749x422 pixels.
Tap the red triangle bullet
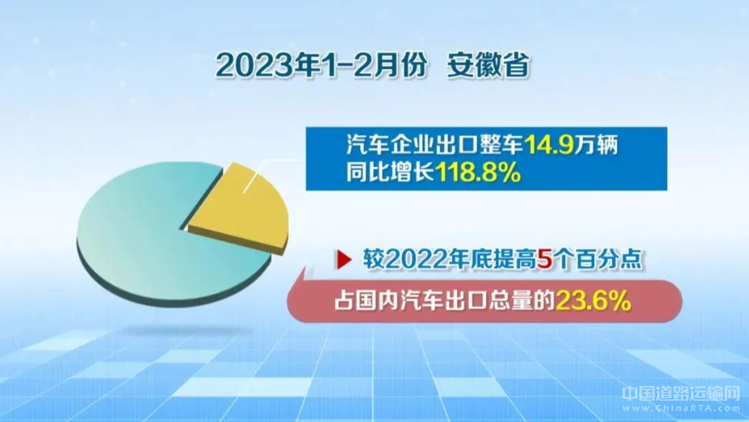[345, 259]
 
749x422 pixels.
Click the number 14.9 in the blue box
[549, 145]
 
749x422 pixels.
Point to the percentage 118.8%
[477, 173]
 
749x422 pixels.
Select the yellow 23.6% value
[593, 301]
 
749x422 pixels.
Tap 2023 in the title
[249, 66]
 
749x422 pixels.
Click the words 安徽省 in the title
[489, 65]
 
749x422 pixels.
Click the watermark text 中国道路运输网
[681, 394]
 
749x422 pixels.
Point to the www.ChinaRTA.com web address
[681, 408]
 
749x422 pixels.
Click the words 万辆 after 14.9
[596, 145]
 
